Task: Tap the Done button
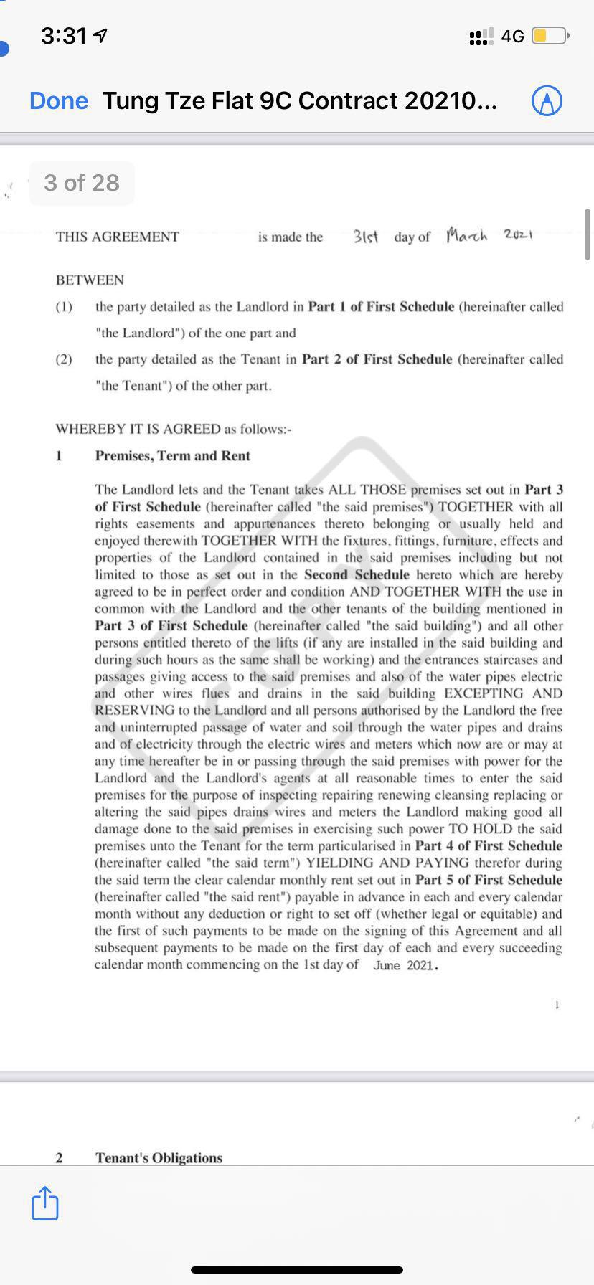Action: point(59,101)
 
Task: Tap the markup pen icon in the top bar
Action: point(547,101)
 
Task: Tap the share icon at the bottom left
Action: point(44,1203)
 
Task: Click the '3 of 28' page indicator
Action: point(82,183)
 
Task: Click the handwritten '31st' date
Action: point(366,236)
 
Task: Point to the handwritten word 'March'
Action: point(466,235)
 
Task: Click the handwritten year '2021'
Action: point(517,234)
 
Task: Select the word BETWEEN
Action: point(90,280)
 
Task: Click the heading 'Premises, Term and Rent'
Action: point(173,456)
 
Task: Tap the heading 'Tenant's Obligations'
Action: point(159,1157)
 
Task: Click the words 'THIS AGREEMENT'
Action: point(118,237)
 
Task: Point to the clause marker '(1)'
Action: point(64,307)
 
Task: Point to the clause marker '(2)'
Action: point(64,359)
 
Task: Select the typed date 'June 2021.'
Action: point(406,965)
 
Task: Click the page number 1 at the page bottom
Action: point(557,1005)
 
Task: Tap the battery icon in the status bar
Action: point(550,36)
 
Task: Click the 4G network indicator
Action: point(512,36)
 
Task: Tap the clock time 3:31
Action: point(65,35)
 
